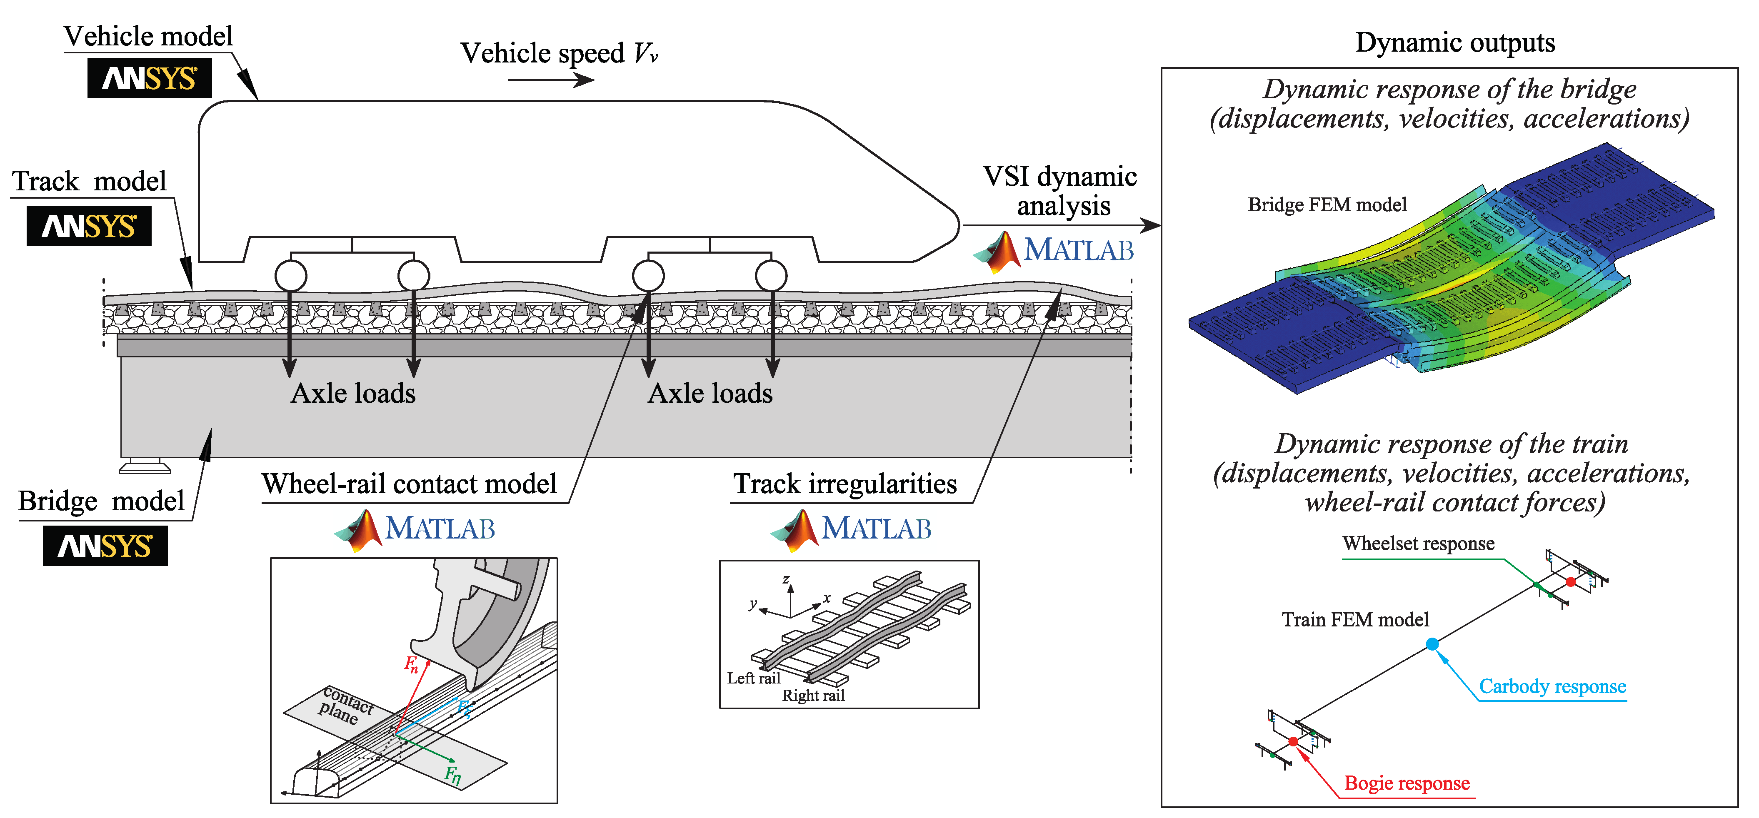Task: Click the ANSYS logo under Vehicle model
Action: point(150,78)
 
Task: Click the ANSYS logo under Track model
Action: point(89,226)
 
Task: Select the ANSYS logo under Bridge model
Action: point(105,546)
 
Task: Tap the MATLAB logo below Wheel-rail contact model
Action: point(415,530)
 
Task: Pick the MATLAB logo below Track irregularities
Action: point(851,530)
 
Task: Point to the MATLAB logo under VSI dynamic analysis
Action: point(1053,251)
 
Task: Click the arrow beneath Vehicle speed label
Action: point(552,80)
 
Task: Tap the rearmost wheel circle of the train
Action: point(291,276)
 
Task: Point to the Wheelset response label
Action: point(1418,544)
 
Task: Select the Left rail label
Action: point(753,678)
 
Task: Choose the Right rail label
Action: point(813,696)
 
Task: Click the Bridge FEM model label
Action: point(1327,205)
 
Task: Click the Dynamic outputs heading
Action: point(1455,42)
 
